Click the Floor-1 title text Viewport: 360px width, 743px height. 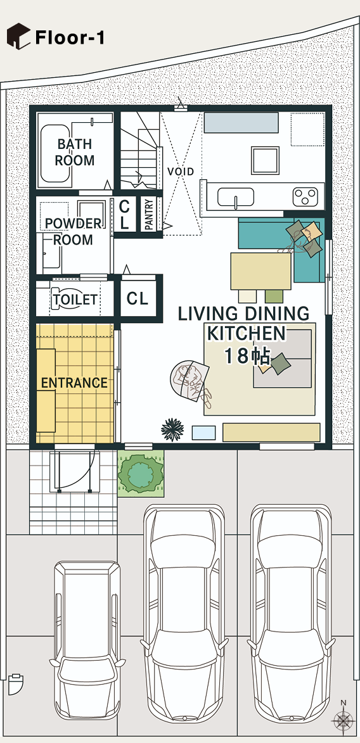click(x=70, y=37)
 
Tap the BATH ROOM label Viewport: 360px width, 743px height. click(x=74, y=152)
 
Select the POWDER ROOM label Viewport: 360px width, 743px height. click(x=73, y=231)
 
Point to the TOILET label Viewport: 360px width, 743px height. click(x=75, y=300)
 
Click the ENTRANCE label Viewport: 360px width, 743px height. click(x=74, y=383)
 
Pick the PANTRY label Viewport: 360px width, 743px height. click(x=149, y=215)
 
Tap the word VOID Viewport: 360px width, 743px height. click(x=181, y=172)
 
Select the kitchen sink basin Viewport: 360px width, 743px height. click(x=236, y=197)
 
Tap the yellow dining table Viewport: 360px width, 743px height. click(x=261, y=271)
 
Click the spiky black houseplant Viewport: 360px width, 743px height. click(x=172, y=429)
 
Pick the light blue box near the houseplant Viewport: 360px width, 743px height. click(x=203, y=433)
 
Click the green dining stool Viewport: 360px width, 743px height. click(x=274, y=296)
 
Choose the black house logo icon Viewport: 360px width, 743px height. click(x=18, y=37)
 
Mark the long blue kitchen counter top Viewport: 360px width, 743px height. click(x=241, y=122)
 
